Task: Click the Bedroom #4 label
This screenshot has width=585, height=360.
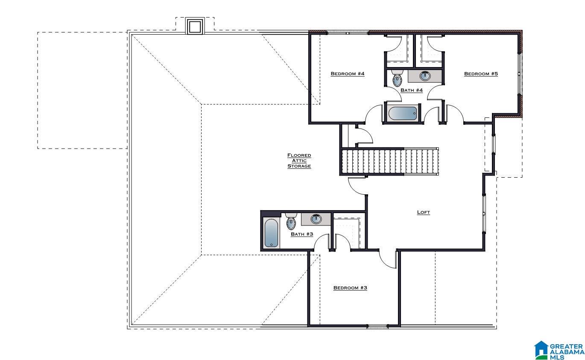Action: point(347,74)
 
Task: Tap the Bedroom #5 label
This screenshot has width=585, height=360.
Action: point(481,74)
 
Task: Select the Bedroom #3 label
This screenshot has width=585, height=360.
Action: point(350,288)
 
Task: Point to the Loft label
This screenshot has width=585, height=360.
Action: point(423,212)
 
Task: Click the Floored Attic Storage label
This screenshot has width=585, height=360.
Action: point(299,161)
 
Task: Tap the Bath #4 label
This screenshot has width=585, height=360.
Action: point(412,90)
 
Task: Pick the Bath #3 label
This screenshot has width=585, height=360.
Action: point(302,234)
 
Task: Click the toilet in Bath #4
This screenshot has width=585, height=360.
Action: point(397,79)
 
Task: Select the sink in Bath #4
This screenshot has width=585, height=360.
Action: point(425,76)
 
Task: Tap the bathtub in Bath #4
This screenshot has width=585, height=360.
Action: point(402,113)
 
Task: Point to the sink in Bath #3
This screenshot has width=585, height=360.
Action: point(316,219)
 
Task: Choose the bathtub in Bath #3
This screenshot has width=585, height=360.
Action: point(271,233)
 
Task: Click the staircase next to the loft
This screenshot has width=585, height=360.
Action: point(390,161)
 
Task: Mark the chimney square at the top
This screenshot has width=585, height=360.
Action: point(195,26)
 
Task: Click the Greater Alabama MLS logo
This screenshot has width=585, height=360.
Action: point(559,350)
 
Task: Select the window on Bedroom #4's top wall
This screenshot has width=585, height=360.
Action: point(348,33)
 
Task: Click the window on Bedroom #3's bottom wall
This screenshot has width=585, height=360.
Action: point(377,326)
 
